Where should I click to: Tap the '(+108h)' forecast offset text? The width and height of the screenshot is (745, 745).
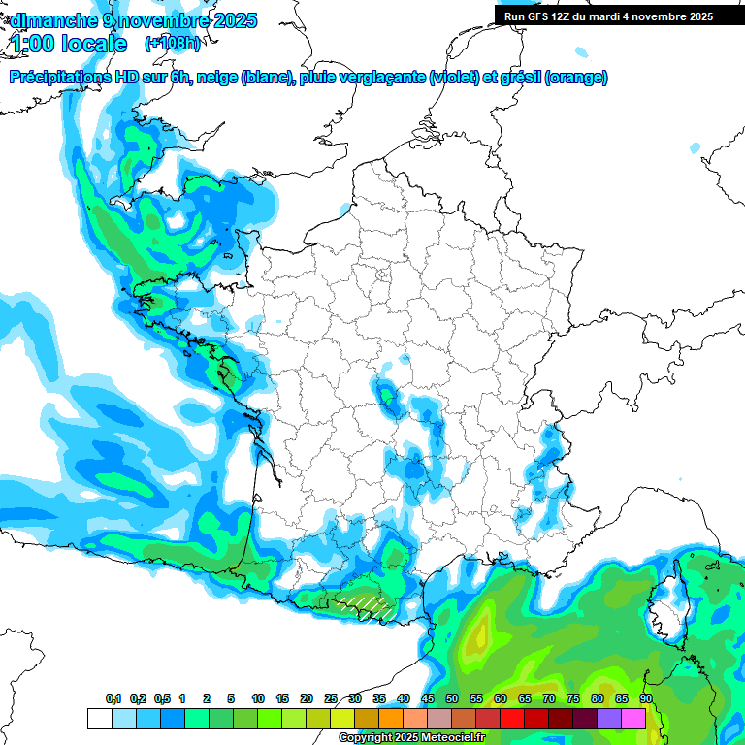172,44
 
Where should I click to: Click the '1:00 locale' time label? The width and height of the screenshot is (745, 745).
69,44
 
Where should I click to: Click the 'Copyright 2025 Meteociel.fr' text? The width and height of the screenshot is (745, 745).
412,738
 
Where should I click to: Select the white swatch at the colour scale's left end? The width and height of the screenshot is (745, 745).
99,718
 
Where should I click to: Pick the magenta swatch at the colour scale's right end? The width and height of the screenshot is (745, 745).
633,718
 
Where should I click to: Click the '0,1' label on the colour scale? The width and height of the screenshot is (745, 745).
113,699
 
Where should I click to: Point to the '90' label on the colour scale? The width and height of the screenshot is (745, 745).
646,699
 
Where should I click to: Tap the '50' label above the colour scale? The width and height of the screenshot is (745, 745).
452,699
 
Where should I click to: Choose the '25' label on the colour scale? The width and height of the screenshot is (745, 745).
331,699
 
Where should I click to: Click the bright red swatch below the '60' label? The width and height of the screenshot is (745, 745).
512,718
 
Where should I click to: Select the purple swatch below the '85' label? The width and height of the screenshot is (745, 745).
609,718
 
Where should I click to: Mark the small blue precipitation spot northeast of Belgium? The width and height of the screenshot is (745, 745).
695,148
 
